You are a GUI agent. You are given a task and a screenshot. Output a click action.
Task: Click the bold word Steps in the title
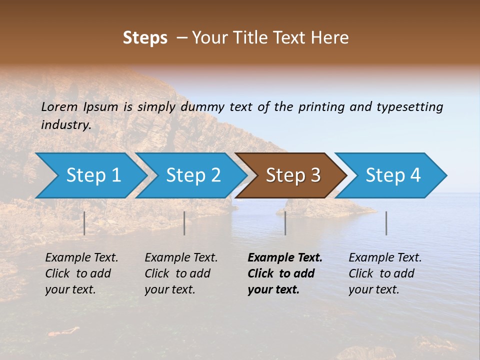(145, 38)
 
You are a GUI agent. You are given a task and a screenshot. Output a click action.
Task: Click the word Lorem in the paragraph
(59, 106)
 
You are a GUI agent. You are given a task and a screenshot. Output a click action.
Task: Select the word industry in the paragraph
(65, 124)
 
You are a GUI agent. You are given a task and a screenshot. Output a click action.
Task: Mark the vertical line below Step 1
(84, 223)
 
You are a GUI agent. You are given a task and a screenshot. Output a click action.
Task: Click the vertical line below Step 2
(184, 223)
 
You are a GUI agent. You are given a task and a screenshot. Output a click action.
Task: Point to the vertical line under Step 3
(285, 223)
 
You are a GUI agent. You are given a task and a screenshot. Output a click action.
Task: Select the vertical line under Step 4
(386, 223)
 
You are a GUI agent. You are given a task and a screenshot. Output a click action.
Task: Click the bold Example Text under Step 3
(285, 258)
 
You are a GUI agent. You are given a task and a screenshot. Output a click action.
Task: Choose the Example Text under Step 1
(81, 258)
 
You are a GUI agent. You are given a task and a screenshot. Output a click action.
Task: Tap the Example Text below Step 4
(385, 258)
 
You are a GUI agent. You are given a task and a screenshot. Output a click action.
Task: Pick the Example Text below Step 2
(181, 258)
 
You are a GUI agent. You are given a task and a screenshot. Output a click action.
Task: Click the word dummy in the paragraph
(202, 106)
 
